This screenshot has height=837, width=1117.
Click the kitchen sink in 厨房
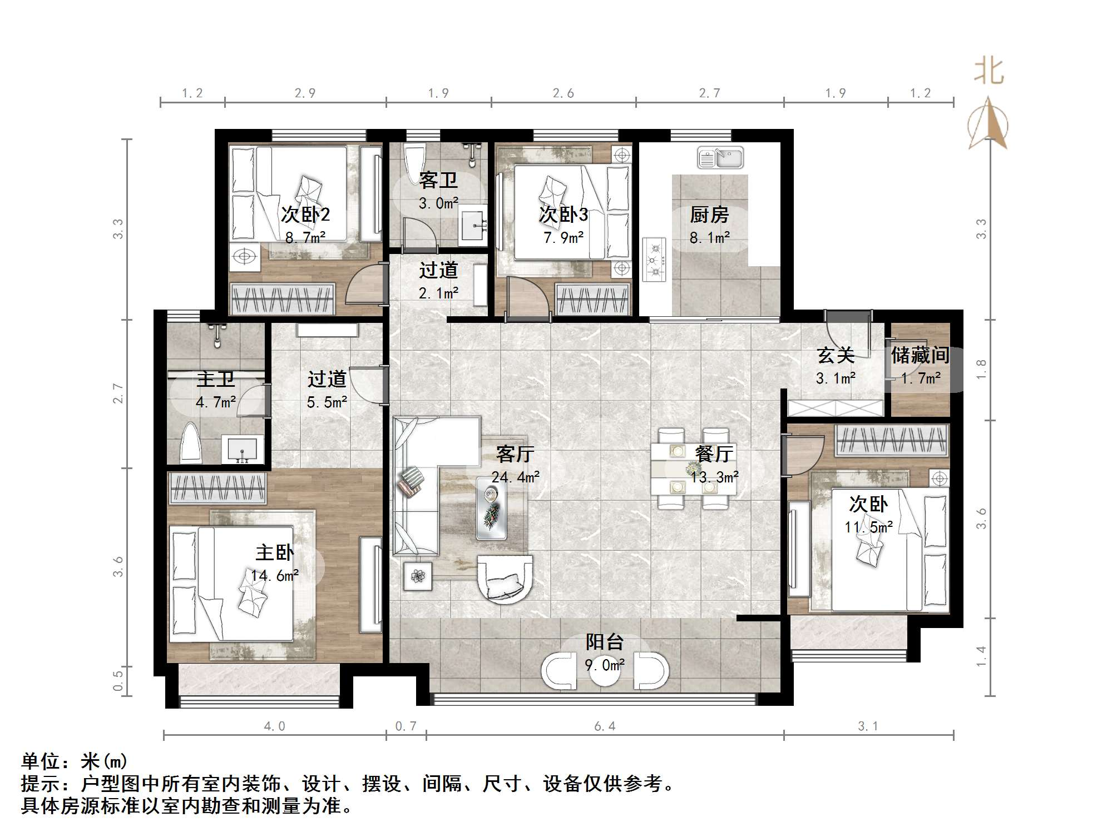720,158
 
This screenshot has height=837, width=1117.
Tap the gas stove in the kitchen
655,259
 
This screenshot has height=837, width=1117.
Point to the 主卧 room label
274,552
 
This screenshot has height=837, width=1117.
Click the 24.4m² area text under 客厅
515,477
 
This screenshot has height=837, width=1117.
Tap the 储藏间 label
920,355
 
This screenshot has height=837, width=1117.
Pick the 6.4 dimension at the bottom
605,726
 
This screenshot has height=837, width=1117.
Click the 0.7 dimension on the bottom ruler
406,726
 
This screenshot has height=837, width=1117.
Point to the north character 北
989,72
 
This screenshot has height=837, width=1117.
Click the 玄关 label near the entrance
835,355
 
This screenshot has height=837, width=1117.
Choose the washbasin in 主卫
243,449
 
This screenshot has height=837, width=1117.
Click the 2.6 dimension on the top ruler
563,93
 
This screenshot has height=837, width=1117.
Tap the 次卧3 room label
563,215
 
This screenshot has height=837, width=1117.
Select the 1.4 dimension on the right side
981,656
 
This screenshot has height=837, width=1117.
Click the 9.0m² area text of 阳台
605,665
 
